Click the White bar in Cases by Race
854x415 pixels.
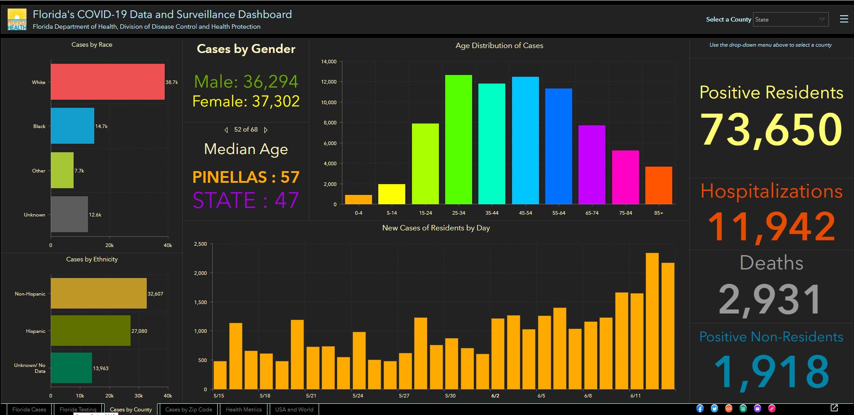coord(108,82)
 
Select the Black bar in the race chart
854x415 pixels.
coord(72,126)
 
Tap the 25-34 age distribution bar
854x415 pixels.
coord(458,140)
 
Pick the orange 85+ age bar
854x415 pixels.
coord(658,185)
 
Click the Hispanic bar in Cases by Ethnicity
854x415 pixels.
coord(91,331)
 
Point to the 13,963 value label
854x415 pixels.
coord(101,368)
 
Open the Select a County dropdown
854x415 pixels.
coord(790,19)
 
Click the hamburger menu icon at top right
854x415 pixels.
coord(844,19)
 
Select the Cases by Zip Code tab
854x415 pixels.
coord(188,409)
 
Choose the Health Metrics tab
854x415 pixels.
coord(244,409)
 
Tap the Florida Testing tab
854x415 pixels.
coord(78,409)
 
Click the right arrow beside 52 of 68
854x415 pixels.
coord(266,130)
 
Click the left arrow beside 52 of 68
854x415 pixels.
coord(226,130)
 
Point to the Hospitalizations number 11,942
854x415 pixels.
coord(771,226)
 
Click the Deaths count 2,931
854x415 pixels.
coord(770,300)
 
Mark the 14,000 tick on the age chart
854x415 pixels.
coord(328,62)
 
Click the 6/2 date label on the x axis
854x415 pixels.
coord(495,396)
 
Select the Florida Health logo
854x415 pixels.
coord(17,20)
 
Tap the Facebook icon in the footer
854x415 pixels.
coord(700,408)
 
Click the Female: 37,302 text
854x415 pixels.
coord(246,102)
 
